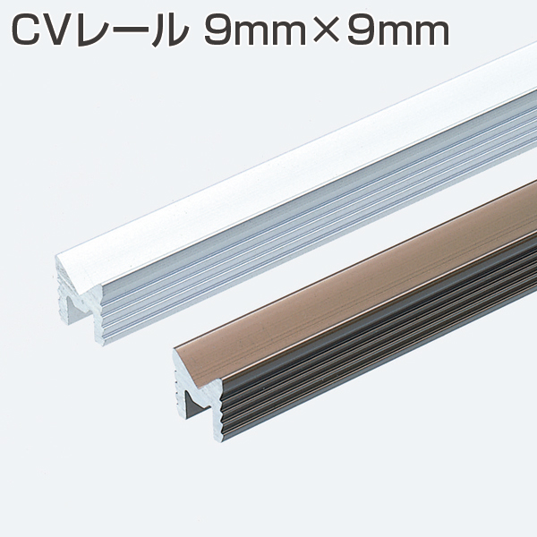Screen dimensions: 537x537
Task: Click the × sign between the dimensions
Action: point(325,32)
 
